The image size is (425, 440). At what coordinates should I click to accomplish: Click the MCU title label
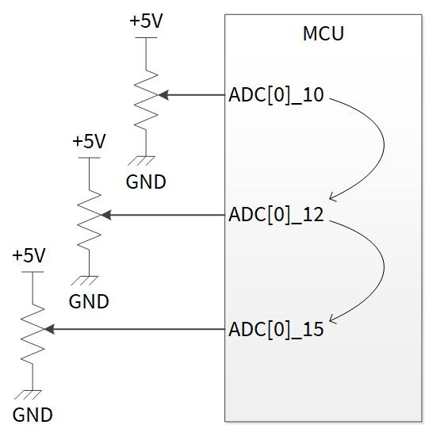coord(323,33)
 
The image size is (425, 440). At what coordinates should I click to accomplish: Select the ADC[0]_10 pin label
coord(276,95)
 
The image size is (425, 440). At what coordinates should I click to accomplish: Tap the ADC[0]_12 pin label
coord(276,215)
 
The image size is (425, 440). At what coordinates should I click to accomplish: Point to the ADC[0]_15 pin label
coord(276,329)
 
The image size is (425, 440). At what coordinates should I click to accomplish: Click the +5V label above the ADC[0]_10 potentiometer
coord(146,21)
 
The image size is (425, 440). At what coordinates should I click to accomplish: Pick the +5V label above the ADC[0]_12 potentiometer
coord(89,141)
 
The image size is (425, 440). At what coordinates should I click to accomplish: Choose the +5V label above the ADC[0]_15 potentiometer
coord(29,255)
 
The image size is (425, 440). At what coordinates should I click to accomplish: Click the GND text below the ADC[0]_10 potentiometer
coord(146,182)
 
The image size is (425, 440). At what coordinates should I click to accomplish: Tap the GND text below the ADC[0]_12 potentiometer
coord(89,301)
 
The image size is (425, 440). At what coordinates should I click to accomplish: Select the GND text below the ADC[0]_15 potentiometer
coord(33,415)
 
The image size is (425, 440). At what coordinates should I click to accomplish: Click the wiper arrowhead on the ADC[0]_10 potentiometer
coord(163,95)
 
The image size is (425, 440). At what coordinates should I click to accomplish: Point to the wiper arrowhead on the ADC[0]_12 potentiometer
coord(106,215)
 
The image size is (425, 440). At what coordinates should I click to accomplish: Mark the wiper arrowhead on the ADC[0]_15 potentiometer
coord(50,329)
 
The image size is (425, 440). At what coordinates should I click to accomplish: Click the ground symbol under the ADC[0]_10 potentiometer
coord(141,161)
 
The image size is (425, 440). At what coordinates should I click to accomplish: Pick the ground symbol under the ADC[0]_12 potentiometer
coord(85,281)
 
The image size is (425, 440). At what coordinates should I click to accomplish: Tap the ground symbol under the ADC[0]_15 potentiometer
coord(28,395)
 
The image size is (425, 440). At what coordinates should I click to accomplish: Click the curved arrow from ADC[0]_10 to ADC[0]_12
coord(384,144)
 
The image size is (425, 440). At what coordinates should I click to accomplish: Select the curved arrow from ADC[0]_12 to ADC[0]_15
coord(384,265)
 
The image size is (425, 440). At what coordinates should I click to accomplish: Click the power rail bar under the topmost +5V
coord(146,37)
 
